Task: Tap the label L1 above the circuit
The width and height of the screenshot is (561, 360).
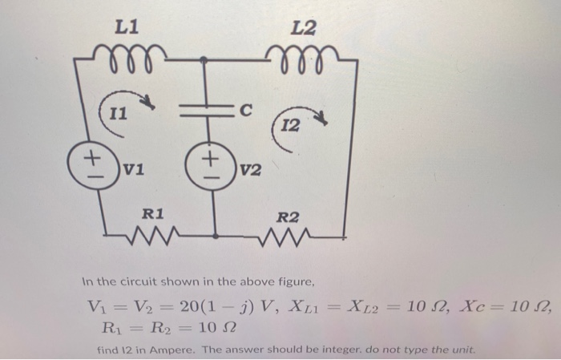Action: click(127, 26)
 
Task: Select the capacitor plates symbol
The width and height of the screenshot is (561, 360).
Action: click(205, 115)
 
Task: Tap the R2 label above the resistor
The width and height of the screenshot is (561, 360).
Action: click(288, 216)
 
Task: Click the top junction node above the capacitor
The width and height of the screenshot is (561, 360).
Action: click(205, 59)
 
